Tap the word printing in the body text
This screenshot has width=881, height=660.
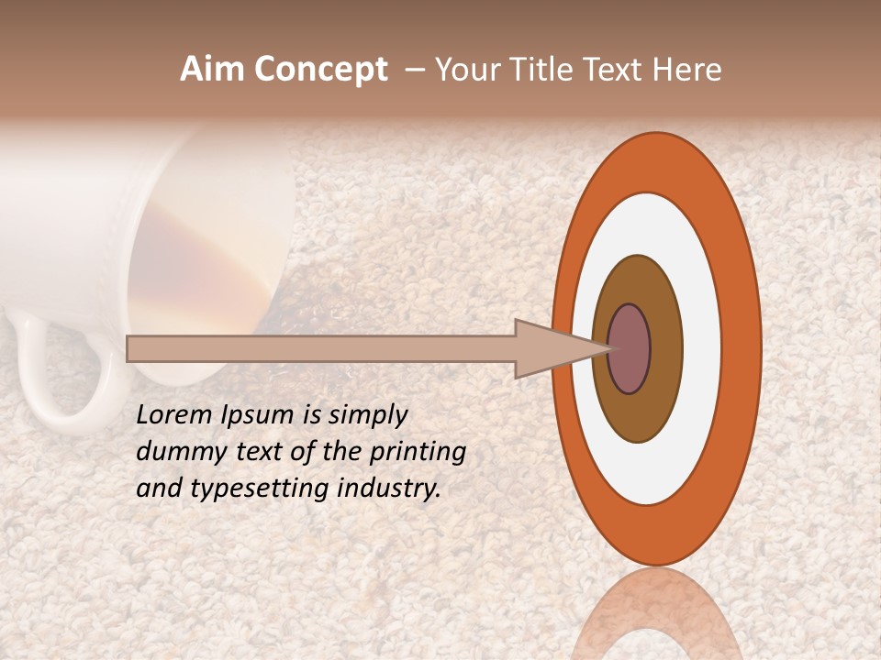(418, 453)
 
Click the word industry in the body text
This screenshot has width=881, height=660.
(388, 488)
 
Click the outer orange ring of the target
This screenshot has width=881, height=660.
(742, 349)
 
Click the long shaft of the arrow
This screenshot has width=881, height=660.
(321, 348)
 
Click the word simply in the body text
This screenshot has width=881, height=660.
(367, 414)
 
